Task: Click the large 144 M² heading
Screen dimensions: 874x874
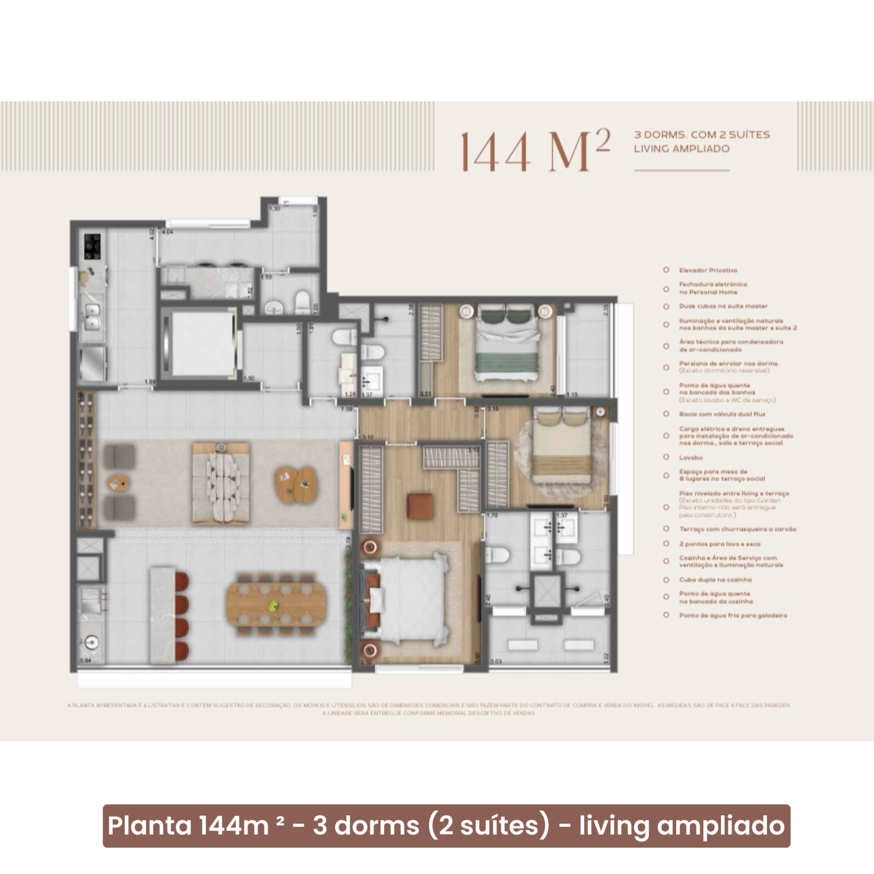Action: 535,152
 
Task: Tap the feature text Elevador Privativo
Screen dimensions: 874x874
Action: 708,270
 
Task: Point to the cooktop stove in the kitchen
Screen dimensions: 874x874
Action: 92,246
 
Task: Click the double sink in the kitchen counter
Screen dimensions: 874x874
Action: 92,317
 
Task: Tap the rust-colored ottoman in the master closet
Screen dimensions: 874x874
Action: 420,506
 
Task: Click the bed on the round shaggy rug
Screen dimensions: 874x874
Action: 562,446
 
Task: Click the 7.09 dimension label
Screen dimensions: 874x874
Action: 347,409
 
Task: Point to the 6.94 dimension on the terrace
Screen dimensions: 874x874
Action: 85,660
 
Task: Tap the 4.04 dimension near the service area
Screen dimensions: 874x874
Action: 167,232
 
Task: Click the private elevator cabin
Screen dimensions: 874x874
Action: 198,344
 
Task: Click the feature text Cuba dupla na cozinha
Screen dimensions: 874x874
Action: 715,579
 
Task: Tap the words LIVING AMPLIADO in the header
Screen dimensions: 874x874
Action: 681,149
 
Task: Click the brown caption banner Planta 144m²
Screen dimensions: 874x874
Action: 446,825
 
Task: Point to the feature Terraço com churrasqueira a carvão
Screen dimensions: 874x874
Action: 737,529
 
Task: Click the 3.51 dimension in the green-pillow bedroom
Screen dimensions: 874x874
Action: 425,394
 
